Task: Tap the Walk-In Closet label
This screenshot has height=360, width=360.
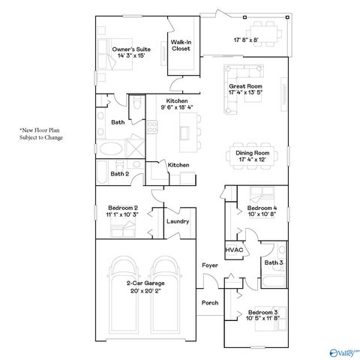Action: click(x=180, y=45)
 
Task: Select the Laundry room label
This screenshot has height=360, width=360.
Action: click(x=178, y=221)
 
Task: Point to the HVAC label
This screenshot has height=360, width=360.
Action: click(x=233, y=250)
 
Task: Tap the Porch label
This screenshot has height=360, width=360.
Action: click(x=209, y=303)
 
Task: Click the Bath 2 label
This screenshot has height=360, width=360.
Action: click(x=120, y=173)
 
